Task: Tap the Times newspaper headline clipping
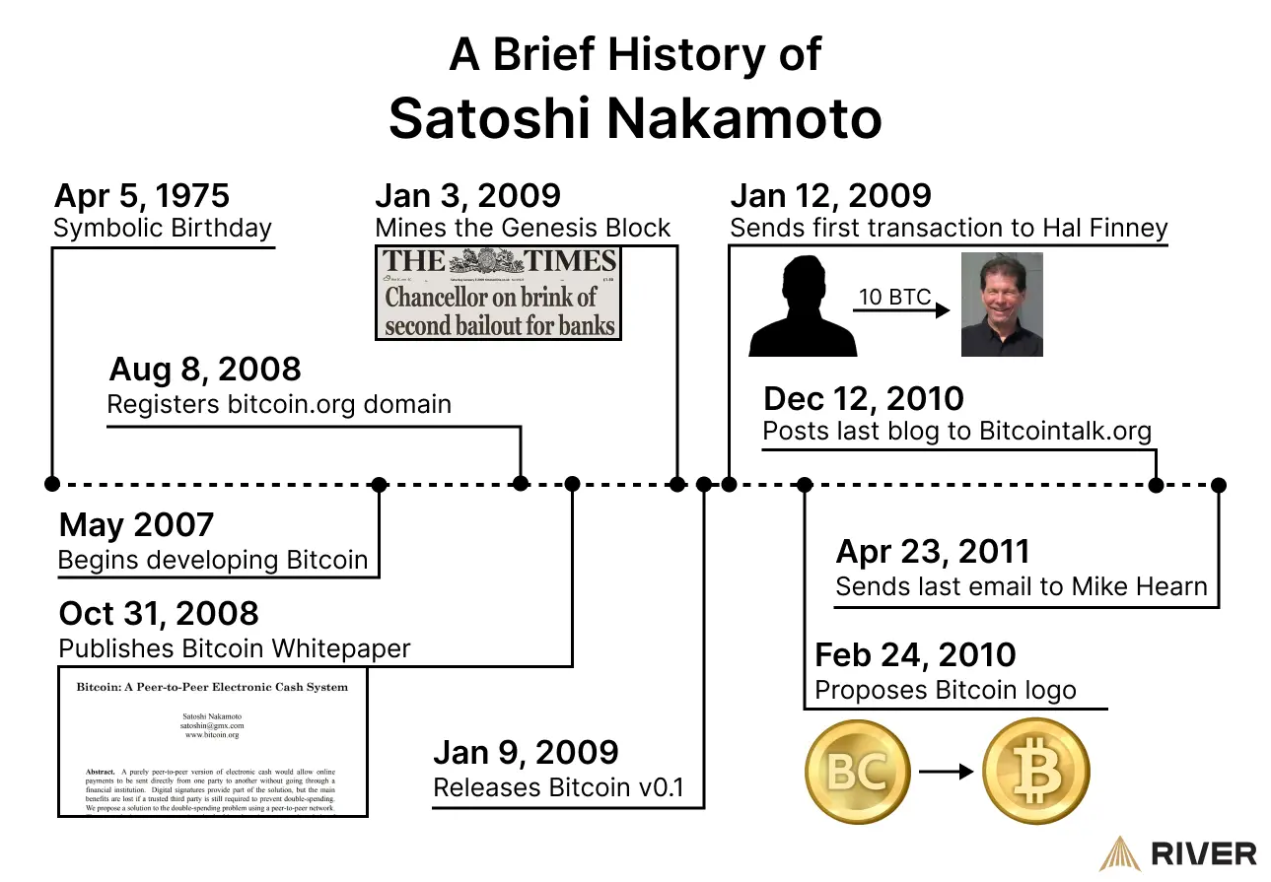click(499, 293)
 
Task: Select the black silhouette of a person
click(802, 305)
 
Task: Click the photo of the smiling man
click(1002, 305)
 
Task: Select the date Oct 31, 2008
click(159, 613)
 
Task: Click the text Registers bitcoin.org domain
click(279, 404)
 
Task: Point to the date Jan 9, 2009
click(526, 752)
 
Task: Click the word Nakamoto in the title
click(743, 118)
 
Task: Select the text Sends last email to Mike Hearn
click(1021, 586)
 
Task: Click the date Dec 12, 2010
click(863, 398)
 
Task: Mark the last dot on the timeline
click(1219, 485)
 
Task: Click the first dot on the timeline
click(52, 484)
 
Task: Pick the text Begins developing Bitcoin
click(213, 560)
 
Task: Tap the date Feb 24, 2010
click(915, 654)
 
